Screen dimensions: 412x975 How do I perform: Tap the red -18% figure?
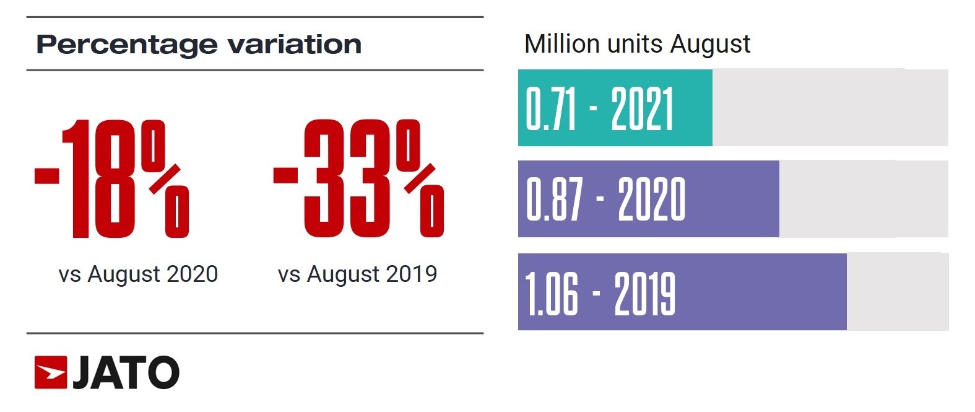click(111, 179)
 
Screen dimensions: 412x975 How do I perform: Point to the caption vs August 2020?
click(138, 274)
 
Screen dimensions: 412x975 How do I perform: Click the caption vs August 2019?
click(357, 274)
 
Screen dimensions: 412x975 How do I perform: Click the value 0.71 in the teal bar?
click(551, 108)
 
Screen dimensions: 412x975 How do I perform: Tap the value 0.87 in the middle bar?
click(554, 199)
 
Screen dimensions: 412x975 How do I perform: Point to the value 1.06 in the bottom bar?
click(552, 292)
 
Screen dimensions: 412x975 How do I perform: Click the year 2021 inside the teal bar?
click(642, 108)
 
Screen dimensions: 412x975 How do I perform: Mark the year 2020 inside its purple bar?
click(651, 199)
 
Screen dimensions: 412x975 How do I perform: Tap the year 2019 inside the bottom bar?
click(644, 292)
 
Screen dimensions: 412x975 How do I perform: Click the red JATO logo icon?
click(51, 372)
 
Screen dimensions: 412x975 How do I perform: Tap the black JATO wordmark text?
click(126, 372)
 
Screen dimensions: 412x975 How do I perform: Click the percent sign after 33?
click(421, 179)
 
